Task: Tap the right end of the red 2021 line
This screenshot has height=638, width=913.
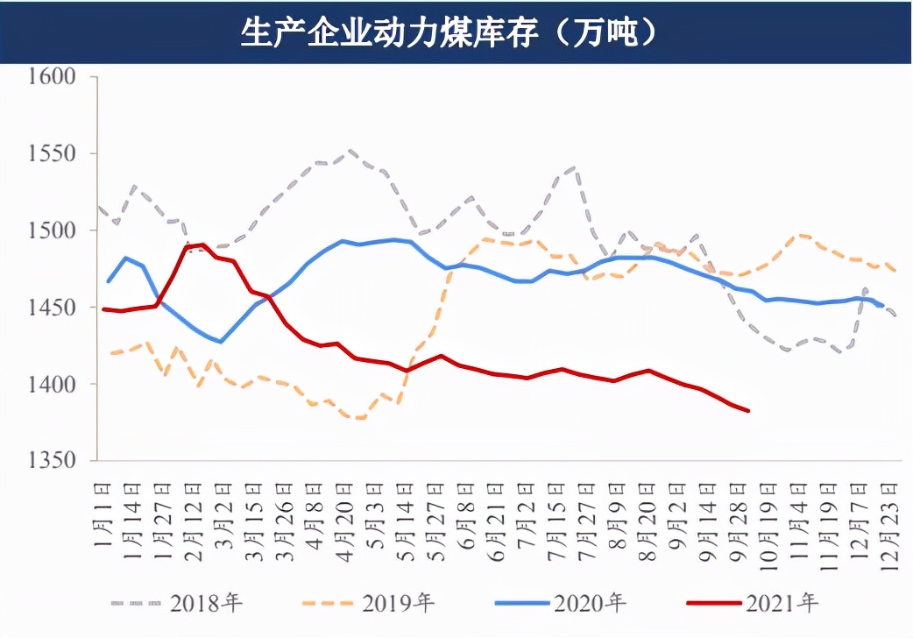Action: (748, 410)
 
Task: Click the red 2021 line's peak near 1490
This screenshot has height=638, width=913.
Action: (202, 245)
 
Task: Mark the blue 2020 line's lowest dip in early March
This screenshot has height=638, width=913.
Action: (221, 342)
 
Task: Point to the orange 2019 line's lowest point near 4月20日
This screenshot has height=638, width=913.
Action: (359, 418)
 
